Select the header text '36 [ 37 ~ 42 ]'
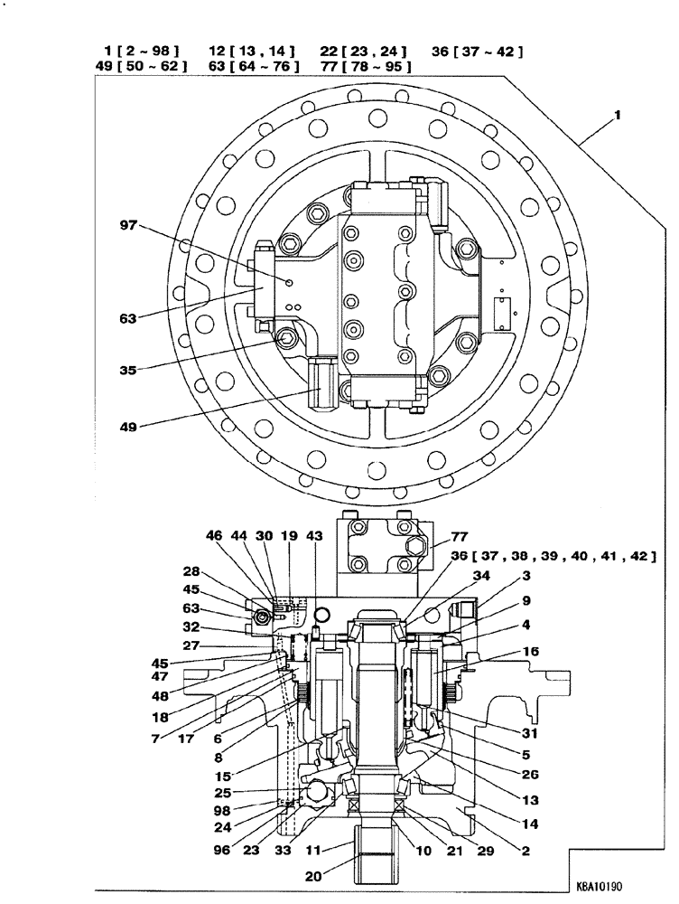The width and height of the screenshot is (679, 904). pos(477,52)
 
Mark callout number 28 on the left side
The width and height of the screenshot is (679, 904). pos(193,570)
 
